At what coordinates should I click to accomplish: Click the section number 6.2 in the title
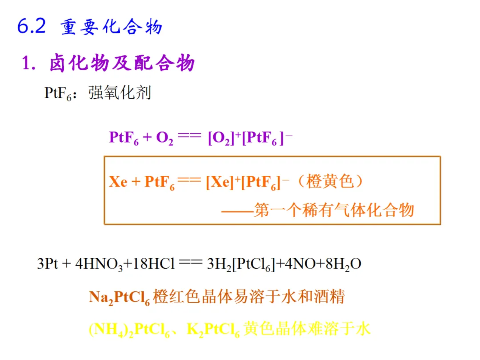[31, 27]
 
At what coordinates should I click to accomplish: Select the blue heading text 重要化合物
[112, 28]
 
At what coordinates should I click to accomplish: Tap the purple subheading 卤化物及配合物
[122, 64]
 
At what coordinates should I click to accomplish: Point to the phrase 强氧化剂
[120, 93]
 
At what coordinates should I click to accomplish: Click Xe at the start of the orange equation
[118, 182]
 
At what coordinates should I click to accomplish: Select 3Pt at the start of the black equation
[48, 264]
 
